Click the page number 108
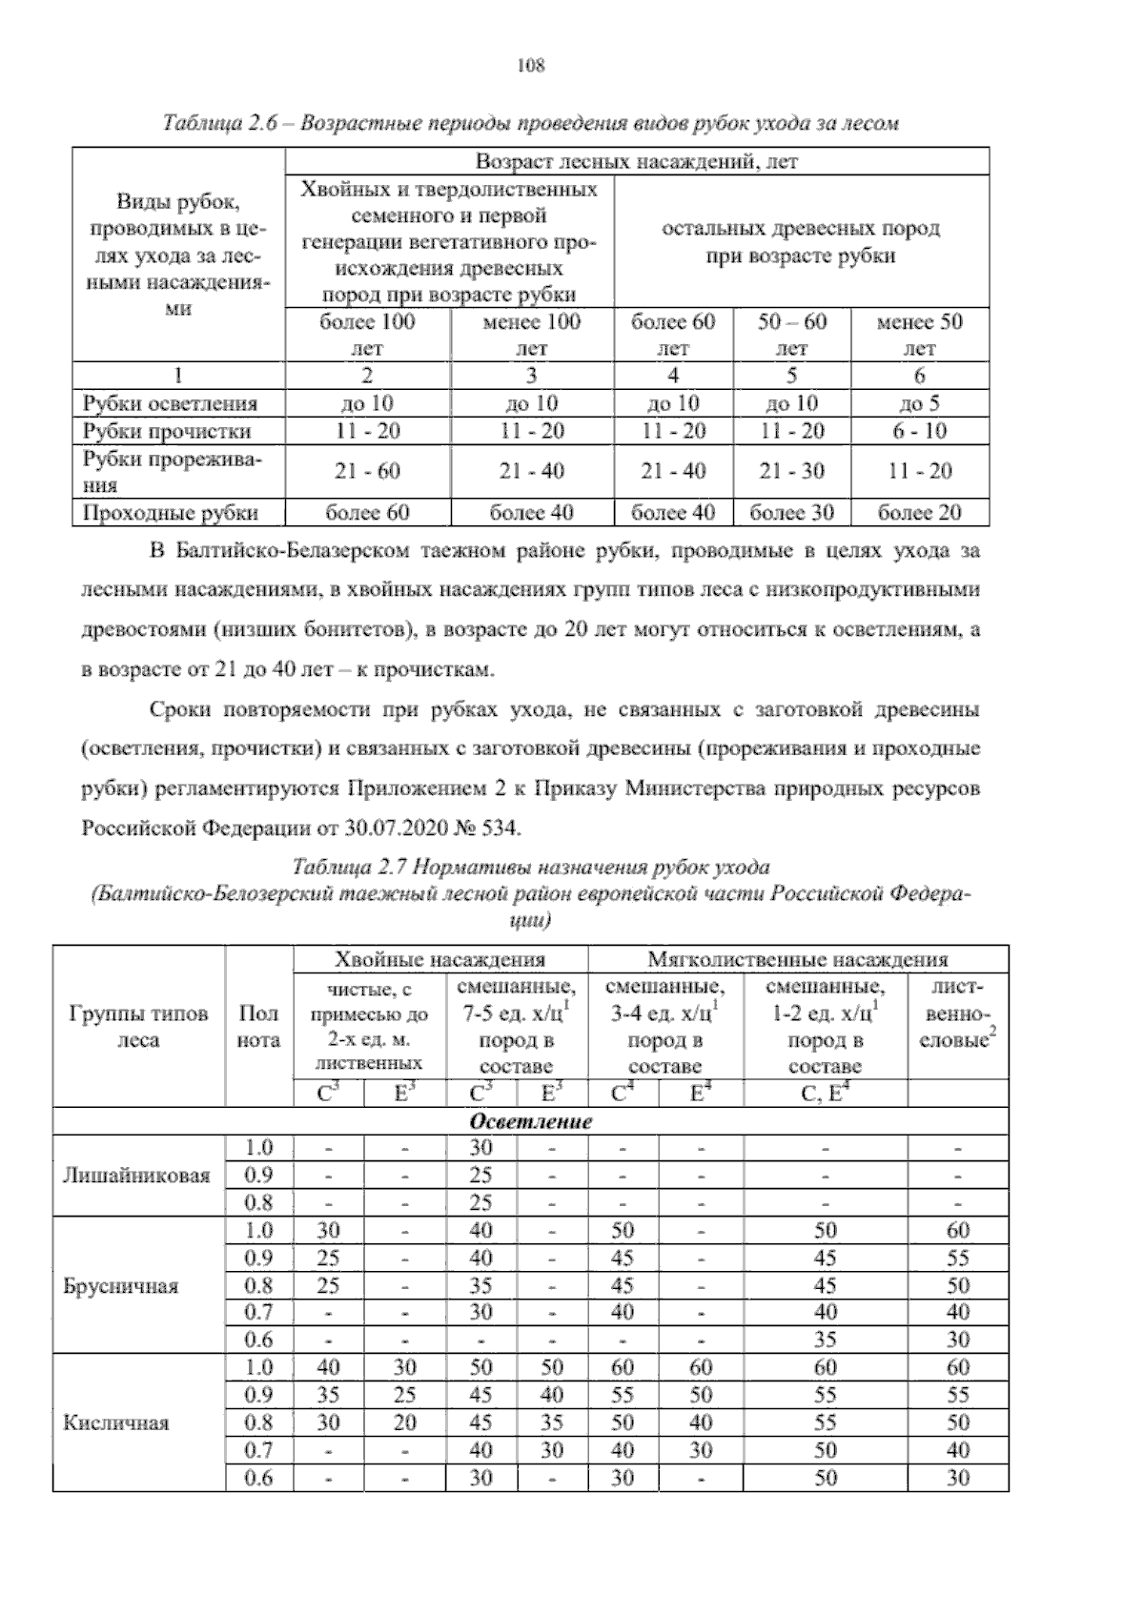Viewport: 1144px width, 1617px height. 530,65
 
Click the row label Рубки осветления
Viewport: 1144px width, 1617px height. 170,403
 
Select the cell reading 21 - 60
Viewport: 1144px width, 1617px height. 368,471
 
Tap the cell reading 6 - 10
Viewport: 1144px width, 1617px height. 919,431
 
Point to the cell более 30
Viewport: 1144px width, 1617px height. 791,513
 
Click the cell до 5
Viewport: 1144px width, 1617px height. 919,403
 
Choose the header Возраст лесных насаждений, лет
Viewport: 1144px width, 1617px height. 636,161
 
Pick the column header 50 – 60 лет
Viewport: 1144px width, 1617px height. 791,335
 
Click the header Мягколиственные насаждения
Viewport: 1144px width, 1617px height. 797,959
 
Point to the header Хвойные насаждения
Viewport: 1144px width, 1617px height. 439,959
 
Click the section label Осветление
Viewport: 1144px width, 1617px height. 531,1121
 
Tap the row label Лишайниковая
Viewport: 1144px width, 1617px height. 136,1176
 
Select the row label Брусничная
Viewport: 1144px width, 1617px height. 120,1286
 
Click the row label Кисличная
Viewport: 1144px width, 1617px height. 115,1423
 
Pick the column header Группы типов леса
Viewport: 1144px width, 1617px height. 138,1027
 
